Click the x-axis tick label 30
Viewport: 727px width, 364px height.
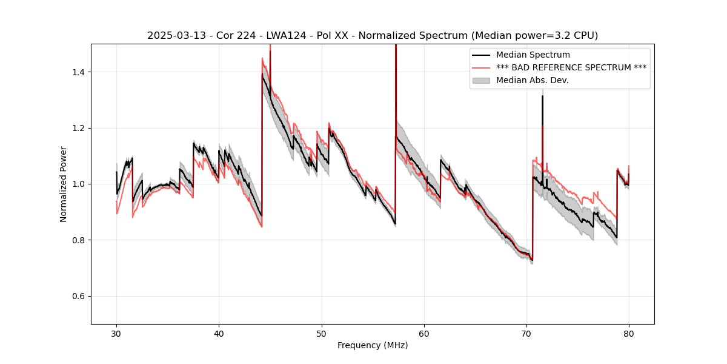117,333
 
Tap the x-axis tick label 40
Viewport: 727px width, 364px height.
219,333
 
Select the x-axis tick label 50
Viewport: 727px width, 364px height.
322,333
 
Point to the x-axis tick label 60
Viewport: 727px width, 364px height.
424,333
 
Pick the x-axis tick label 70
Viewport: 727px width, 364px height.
526,333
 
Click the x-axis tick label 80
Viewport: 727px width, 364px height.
629,333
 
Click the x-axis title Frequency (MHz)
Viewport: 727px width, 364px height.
373,345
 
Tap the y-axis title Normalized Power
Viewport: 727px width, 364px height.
64,184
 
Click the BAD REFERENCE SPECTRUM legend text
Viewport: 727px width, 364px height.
571,67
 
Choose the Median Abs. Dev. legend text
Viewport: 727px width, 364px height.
532,80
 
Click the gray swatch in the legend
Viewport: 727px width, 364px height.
482,80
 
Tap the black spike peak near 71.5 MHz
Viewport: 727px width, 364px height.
542,96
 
